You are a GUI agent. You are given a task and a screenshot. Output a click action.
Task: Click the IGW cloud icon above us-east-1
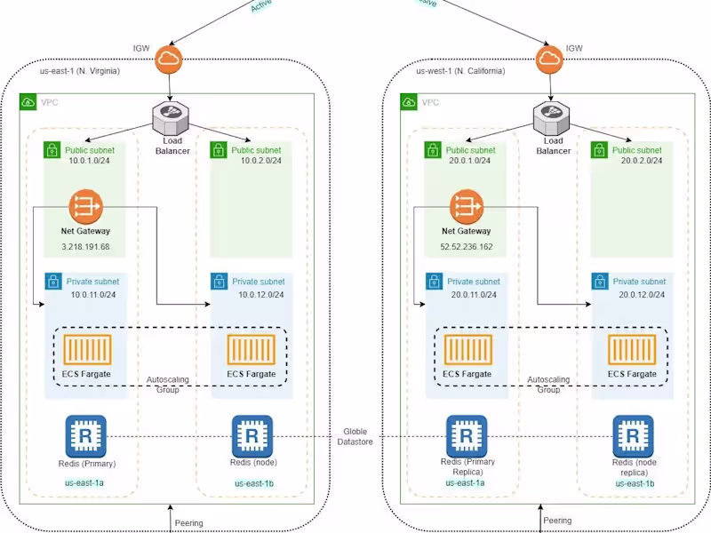pos(168,60)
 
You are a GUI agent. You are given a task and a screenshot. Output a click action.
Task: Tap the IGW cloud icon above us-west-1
pos(549,60)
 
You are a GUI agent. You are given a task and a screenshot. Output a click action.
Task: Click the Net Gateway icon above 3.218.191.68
pos(84,207)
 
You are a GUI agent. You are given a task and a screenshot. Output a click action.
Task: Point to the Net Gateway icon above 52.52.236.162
pos(466,207)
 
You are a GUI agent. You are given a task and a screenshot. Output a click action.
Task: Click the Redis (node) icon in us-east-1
pos(252,436)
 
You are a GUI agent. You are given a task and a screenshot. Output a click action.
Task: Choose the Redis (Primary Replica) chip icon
pos(466,436)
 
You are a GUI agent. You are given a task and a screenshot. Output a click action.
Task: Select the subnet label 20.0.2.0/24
pos(639,162)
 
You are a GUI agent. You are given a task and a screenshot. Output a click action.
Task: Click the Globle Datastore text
pos(356,436)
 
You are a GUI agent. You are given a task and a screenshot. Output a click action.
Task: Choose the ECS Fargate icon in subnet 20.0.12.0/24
pos(631,349)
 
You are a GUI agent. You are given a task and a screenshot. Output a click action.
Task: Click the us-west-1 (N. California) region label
pos(460,71)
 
